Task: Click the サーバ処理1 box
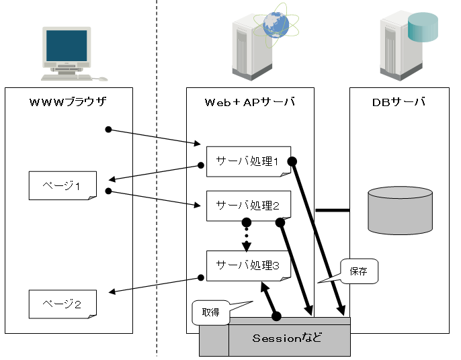coord(248,161)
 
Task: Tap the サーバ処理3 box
coord(248,265)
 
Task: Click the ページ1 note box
coord(62,185)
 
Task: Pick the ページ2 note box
coord(62,304)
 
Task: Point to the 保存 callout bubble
coord(358,271)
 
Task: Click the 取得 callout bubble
coord(210,312)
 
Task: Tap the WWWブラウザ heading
coord(68,102)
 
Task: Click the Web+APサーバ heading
coord(249,102)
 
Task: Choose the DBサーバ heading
coord(399,102)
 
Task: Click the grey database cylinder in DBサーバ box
coord(400,210)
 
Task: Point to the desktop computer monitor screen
coord(67,46)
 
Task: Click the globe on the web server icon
coord(276,25)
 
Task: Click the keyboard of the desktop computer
coord(65,77)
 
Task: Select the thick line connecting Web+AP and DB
coord(332,210)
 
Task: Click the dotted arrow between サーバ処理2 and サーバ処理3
coord(247,236)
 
